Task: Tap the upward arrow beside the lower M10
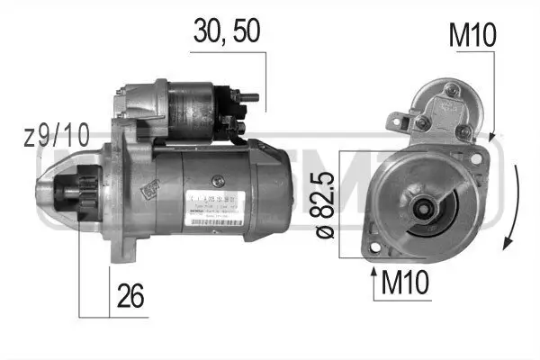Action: (373, 278)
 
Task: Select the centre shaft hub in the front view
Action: (421, 211)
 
